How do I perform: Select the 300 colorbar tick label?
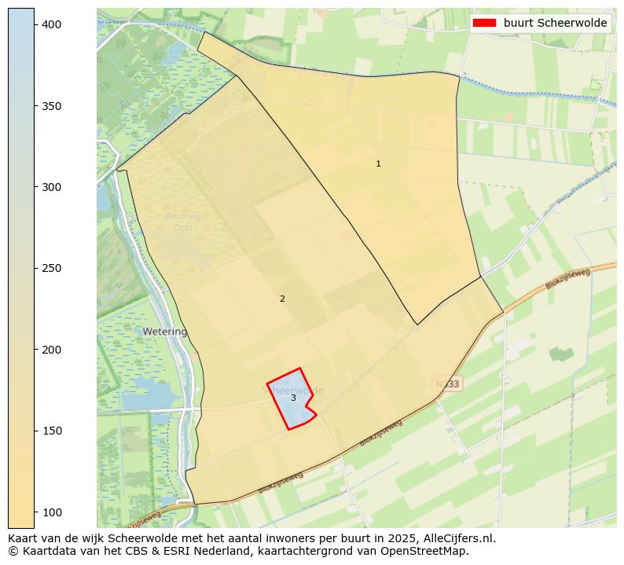51,187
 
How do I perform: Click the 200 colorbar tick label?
51,350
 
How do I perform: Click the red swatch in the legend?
485,24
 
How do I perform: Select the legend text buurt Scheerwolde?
555,24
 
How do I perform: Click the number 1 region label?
378,163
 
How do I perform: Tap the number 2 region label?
282,299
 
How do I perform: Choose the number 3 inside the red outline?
293,398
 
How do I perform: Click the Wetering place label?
165,332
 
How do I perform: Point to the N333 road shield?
447,383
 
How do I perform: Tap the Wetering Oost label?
182,222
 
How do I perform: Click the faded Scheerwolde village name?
292,391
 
